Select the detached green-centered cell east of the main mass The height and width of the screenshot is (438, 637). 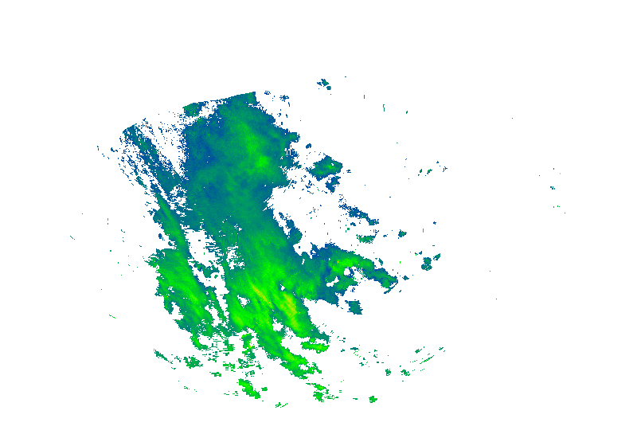coord(326,168)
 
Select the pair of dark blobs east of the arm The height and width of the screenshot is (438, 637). coord(430,261)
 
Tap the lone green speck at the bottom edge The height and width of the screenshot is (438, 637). coord(372,398)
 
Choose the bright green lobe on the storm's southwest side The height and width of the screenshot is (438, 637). coord(171,279)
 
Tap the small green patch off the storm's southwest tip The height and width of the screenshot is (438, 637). coord(191,362)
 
